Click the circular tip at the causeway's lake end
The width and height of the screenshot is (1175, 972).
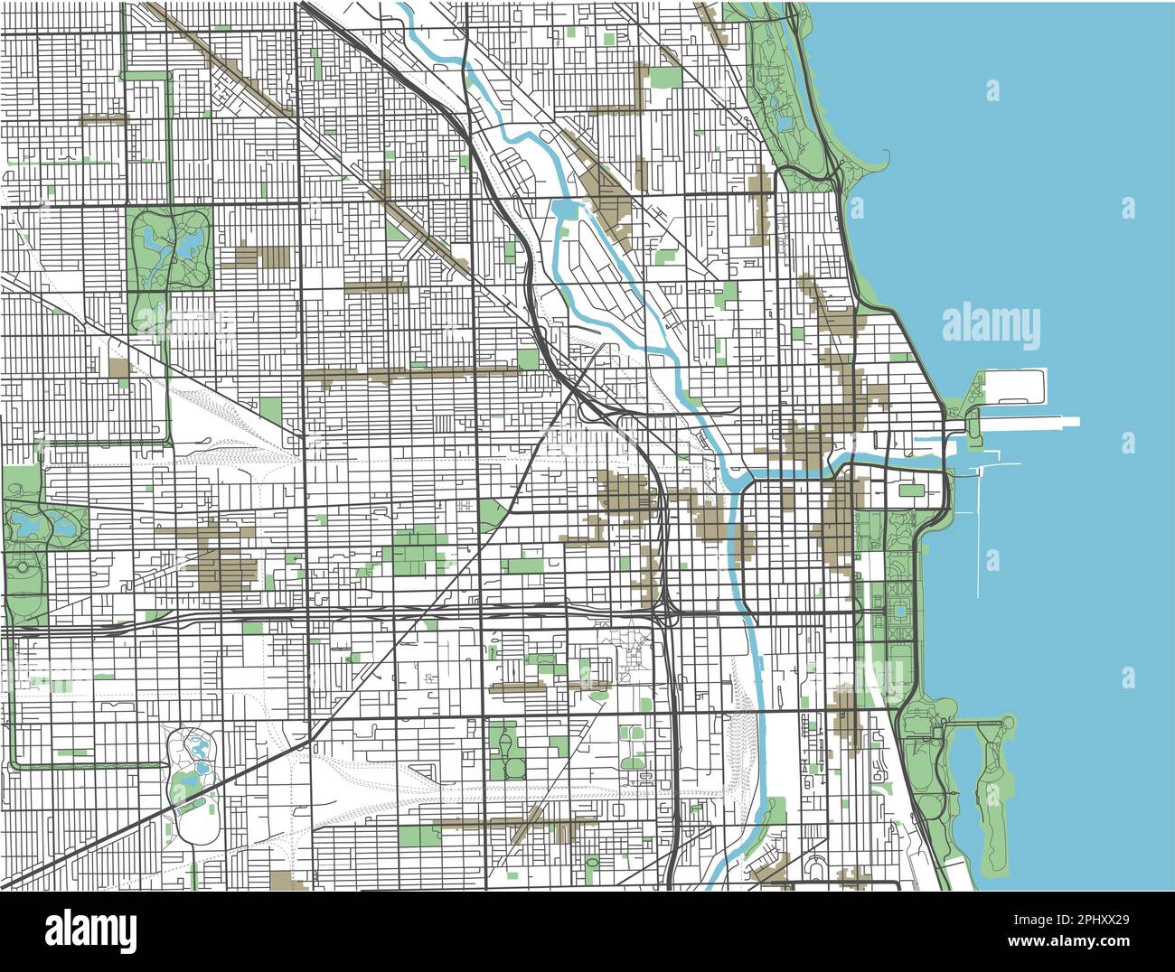coord(1007,721)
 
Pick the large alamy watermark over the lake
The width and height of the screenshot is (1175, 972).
coord(991,326)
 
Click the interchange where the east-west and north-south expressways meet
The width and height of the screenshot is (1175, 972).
coord(667,614)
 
